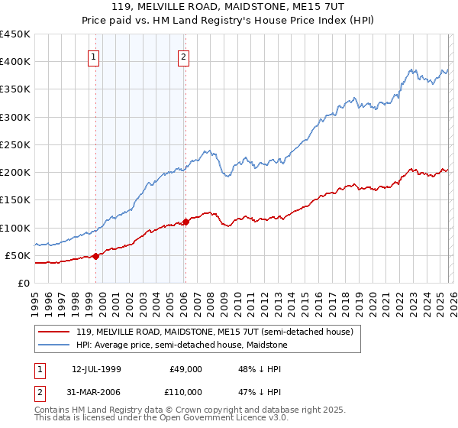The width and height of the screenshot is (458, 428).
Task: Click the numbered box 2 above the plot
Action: click(185, 56)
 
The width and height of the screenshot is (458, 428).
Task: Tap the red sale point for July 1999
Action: click(95, 256)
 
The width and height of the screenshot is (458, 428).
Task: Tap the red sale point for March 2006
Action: click(185, 222)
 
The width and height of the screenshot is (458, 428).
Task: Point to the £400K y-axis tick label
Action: click(15, 62)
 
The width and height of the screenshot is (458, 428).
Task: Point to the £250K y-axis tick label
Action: click(15, 144)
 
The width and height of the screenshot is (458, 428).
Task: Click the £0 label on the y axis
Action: click(22, 283)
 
